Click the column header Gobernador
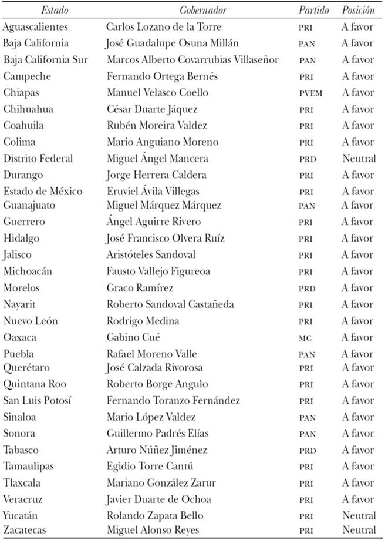203,10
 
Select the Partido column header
313,10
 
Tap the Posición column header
359,10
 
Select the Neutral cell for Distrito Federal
359,159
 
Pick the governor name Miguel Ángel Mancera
157,159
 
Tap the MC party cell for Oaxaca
305,338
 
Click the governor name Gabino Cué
133,337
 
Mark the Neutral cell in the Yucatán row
359,516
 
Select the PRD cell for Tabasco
306,451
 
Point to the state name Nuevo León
31,321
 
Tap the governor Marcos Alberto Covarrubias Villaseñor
192,60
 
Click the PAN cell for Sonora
306,434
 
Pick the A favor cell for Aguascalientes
358,27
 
